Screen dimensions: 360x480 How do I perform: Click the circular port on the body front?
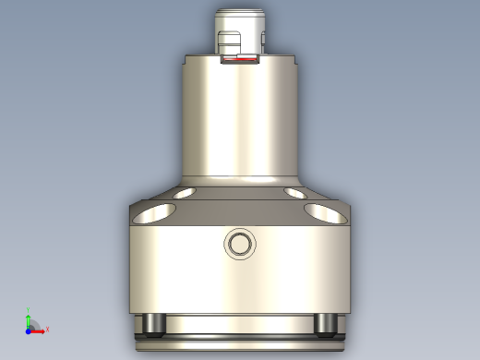pyautogui.click(x=239, y=245)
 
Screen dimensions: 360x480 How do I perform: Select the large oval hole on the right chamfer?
pyautogui.click(x=325, y=213)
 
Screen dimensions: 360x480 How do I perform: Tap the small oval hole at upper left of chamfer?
pyautogui.click(x=183, y=194)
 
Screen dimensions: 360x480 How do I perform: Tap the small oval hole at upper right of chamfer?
pyautogui.click(x=296, y=194)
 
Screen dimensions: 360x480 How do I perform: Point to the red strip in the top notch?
pyautogui.click(x=242, y=64)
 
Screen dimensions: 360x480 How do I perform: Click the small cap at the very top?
pyautogui.click(x=240, y=18)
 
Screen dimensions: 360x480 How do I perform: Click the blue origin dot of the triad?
pyautogui.click(x=30, y=329)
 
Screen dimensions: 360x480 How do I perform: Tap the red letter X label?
pyautogui.click(x=47, y=329)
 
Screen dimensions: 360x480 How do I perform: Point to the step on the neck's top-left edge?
pyautogui.click(x=187, y=61)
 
